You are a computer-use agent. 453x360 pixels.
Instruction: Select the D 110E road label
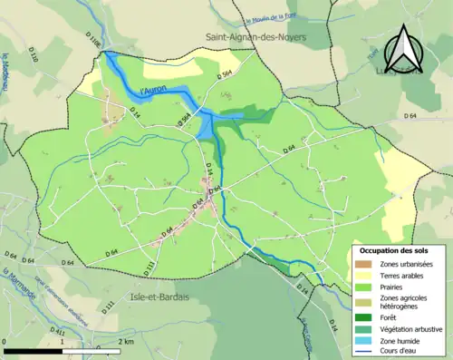(97, 40)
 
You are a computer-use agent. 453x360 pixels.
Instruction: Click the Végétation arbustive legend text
(413, 329)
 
